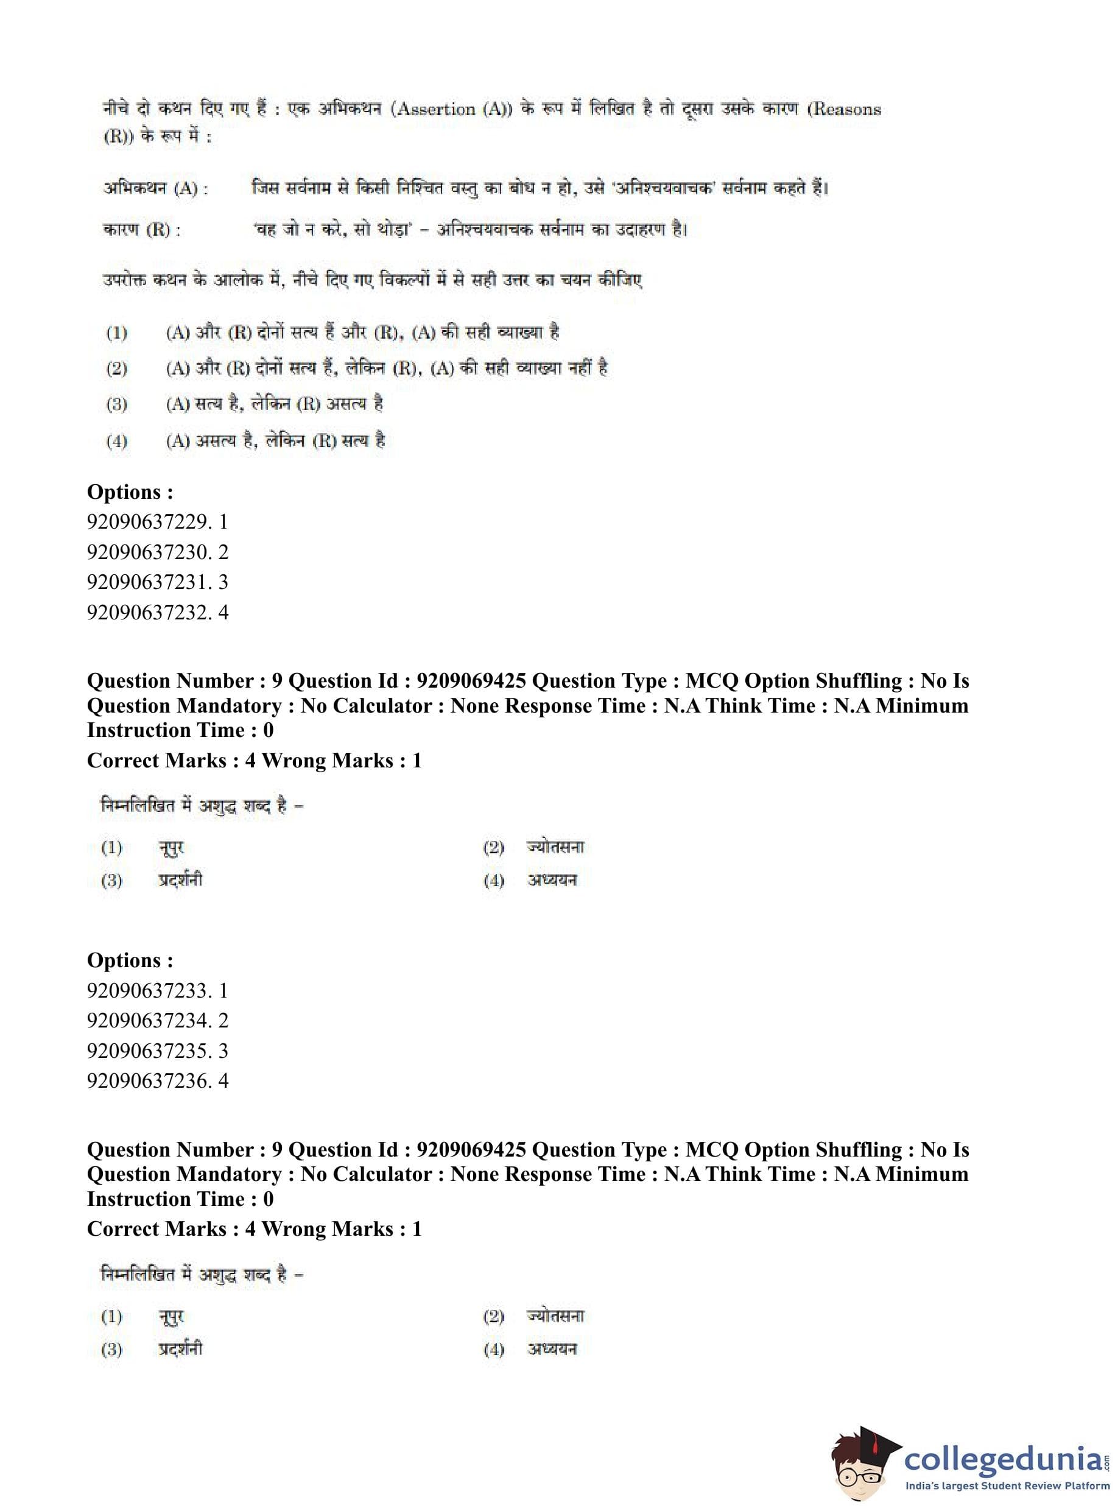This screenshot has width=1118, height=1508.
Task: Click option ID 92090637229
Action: point(157,522)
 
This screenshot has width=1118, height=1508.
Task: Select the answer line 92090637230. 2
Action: point(157,552)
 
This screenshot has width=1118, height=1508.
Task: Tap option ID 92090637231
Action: point(157,582)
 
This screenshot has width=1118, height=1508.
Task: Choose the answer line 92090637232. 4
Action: point(157,613)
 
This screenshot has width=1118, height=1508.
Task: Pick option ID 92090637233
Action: point(157,991)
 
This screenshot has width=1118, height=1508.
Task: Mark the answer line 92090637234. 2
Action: point(157,1021)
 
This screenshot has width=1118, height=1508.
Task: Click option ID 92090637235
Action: point(157,1051)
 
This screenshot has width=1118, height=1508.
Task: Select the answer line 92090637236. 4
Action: point(157,1081)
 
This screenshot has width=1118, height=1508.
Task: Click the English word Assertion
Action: point(436,110)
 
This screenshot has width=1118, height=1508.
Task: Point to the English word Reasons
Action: point(846,110)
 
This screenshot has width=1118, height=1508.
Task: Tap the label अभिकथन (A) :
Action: point(156,188)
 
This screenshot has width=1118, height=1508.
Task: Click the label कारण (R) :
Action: point(142,230)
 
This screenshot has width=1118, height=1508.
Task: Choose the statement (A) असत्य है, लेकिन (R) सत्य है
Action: point(275,442)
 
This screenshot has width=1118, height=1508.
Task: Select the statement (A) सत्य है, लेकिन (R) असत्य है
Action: point(274,405)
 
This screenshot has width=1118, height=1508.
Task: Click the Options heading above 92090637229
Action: point(130,492)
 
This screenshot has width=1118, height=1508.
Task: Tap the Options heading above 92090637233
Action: point(130,960)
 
